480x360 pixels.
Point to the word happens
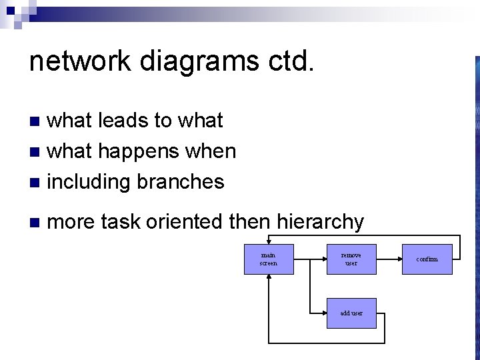pos(130,151)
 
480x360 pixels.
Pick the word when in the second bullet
pos(211,151)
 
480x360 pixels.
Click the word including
pos(88,181)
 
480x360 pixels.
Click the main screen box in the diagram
pos(268,259)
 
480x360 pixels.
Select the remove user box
pos(351,259)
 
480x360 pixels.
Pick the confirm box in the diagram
pos(427,259)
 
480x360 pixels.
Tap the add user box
pos(351,313)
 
